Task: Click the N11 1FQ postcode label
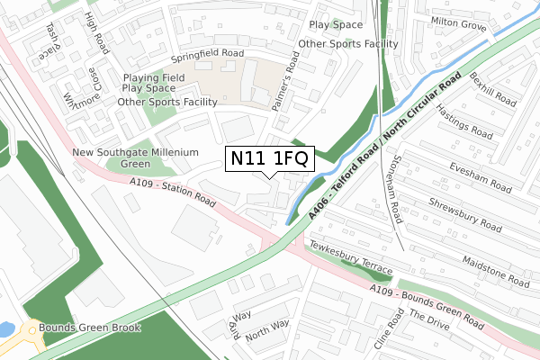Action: point(269,158)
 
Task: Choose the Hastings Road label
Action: point(463,121)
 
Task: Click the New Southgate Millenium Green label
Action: point(135,158)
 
